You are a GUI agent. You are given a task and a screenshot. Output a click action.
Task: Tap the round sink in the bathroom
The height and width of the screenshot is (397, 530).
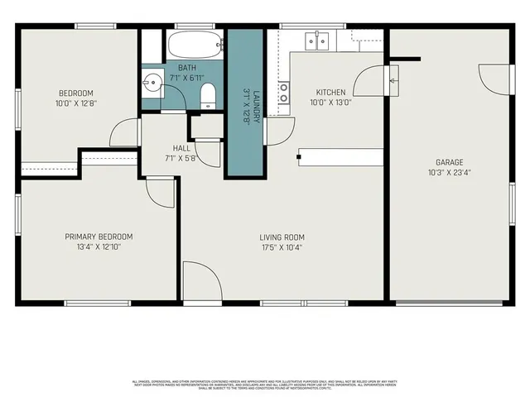tap(152, 83)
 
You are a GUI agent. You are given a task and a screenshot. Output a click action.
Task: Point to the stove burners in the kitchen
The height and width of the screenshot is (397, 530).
tap(284, 91)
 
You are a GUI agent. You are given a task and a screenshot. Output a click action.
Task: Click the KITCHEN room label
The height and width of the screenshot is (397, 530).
tap(330, 92)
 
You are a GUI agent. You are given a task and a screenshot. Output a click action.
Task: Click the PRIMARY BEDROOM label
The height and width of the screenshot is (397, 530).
tap(99, 237)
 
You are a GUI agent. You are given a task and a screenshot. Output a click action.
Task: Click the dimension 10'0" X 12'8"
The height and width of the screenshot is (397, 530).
tap(75, 103)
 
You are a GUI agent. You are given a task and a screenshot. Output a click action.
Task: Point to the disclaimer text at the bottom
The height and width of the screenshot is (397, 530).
tap(265, 384)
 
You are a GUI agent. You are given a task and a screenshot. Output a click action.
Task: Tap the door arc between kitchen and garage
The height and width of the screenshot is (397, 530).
tap(369, 82)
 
